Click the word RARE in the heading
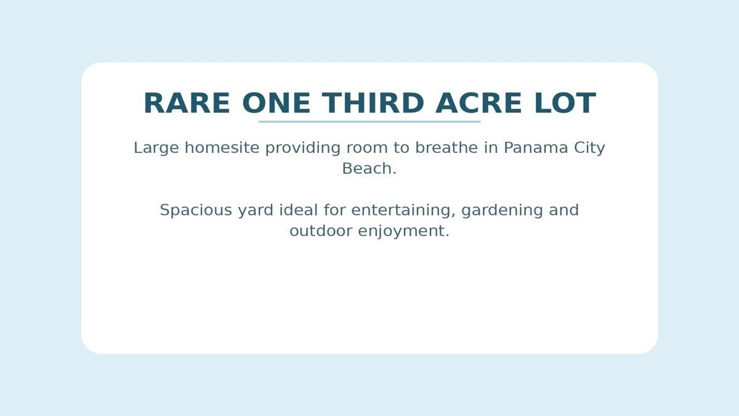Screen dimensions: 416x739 [x=187, y=104]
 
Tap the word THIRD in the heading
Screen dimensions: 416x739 [x=373, y=104]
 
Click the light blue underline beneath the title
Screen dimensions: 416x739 [x=369, y=121]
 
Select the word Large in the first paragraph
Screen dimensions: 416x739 [x=156, y=148]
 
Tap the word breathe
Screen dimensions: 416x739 [x=446, y=148]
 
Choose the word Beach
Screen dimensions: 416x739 [x=369, y=169]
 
